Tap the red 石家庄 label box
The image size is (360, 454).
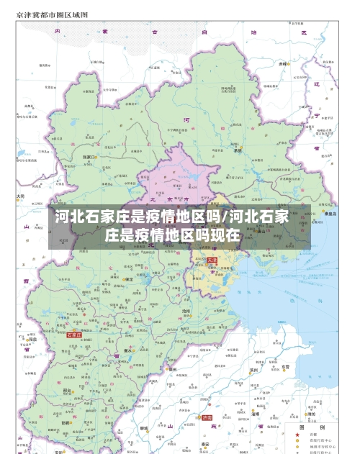pyautogui.click(x=73, y=335)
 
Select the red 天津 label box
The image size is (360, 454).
pyautogui.click(x=212, y=259)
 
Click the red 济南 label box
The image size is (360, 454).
pyautogui.click(x=207, y=417)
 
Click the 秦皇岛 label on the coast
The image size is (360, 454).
pyautogui.click(x=330, y=213)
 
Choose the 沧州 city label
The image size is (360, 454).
pyautogui.click(x=186, y=311)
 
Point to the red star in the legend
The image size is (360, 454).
pyautogui.click(x=296, y=435)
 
